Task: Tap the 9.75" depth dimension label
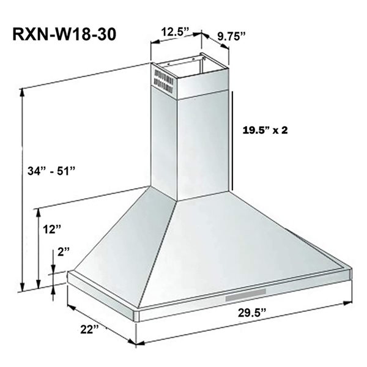click(x=231, y=36)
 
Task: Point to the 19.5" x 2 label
click(x=265, y=130)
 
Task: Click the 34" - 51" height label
click(x=52, y=169)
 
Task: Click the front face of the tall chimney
click(x=204, y=147)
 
